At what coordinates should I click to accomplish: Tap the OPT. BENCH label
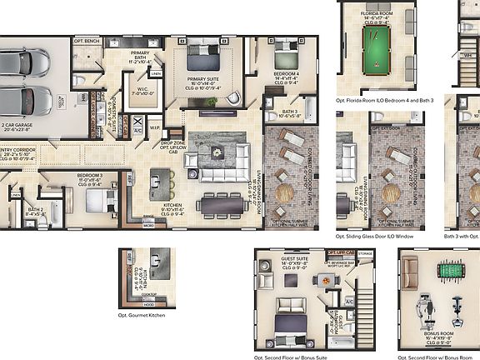pos(87,40)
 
